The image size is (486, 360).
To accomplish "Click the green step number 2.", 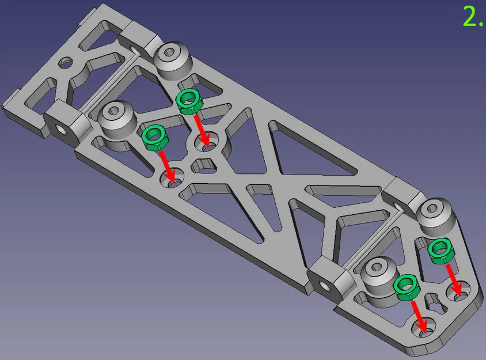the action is [473, 17].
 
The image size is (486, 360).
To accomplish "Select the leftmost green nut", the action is [155, 138].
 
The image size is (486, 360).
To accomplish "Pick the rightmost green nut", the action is [441, 252].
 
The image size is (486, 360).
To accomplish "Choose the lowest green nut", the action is [407, 287].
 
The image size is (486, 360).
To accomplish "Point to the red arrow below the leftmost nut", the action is [168, 166].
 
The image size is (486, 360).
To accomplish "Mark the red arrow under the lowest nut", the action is [419, 317].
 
